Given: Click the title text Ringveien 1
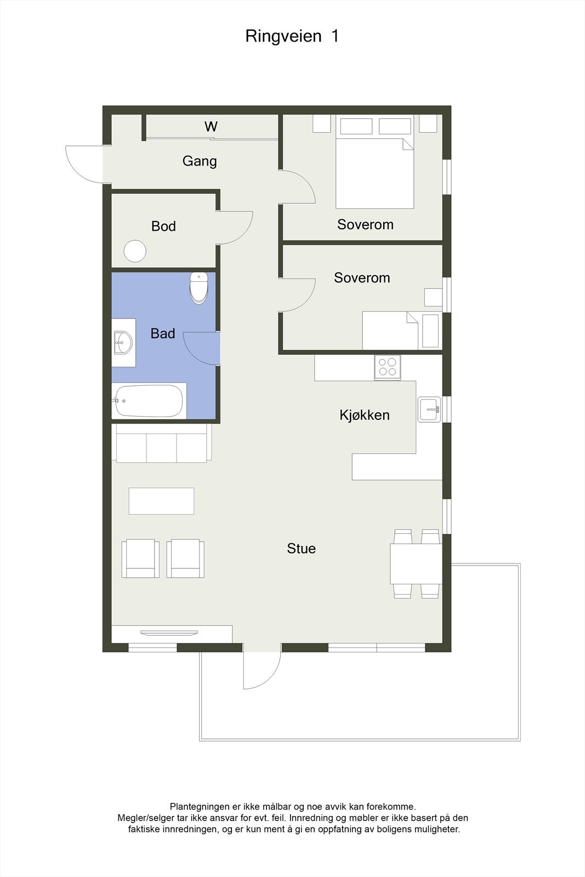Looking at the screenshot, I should coord(292,36).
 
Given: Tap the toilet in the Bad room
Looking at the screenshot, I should coord(198,287).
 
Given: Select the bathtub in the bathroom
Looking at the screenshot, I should coord(149,401).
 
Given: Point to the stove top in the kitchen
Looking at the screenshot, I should coord(387,367).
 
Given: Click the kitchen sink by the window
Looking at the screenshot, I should coord(429,409).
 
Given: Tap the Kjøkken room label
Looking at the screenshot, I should coord(364,415).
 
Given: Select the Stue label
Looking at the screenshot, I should coord(301,548).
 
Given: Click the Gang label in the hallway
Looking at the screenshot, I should coord(199,161).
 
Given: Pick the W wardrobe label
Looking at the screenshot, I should coord(211,127).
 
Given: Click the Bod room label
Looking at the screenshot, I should coord(163,226).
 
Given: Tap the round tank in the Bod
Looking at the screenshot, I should coord(135,252).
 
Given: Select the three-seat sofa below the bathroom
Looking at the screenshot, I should coord(161,443).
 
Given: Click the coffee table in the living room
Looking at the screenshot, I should coord(161,500).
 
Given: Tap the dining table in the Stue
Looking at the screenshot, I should coord(416,563).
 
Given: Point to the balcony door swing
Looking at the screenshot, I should coord(261,670).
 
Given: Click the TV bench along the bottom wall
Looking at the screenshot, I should coord(172,634).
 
